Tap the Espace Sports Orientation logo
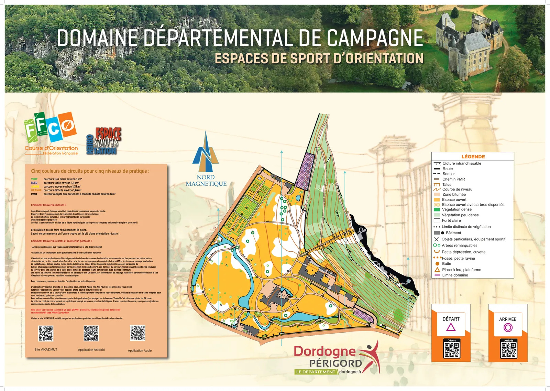(103, 141)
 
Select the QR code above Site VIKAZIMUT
(46, 333)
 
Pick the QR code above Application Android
(91, 333)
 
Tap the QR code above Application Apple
(137, 333)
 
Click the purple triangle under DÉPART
(451, 327)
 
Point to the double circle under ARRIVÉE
(508, 328)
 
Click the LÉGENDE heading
(473, 156)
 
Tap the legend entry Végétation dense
(456, 209)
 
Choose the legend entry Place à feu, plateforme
(461, 270)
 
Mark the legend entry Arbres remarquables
(459, 246)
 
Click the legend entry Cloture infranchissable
(462, 163)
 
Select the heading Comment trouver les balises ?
(48, 205)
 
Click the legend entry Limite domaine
(455, 275)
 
